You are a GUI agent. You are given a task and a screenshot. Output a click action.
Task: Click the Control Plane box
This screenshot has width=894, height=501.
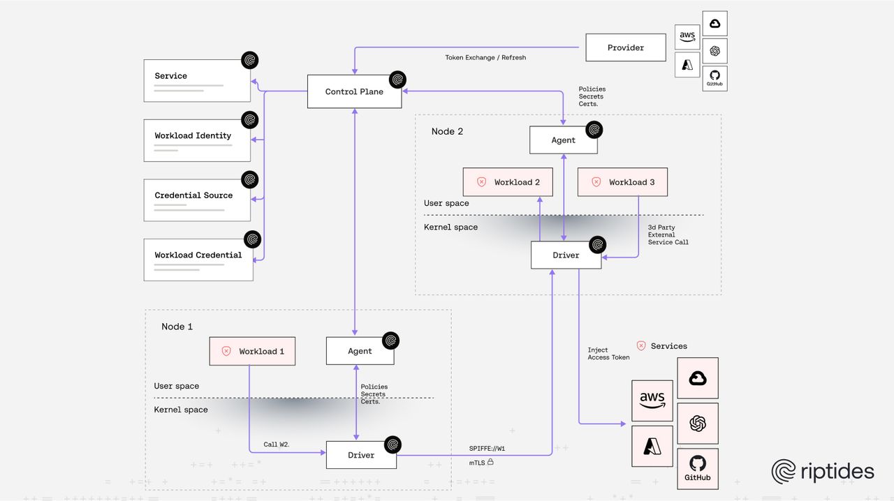(354, 91)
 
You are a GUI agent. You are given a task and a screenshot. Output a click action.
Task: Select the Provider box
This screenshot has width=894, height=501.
(625, 47)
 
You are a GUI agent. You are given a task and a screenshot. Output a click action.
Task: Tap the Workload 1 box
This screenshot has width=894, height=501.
(252, 351)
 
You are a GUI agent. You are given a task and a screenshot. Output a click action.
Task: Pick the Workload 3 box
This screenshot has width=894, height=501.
(622, 182)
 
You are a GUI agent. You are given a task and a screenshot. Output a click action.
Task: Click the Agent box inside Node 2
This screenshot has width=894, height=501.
(563, 140)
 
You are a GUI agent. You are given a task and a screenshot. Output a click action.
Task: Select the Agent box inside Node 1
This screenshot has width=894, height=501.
(360, 351)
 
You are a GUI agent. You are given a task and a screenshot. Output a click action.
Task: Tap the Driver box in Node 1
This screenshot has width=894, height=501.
(361, 455)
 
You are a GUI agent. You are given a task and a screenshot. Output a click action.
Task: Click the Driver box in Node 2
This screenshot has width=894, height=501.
(566, 255)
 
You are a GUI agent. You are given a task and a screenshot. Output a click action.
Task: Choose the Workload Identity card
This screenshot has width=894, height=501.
(197, 140)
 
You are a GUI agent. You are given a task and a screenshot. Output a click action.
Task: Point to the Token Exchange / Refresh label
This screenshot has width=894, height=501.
(485, 57)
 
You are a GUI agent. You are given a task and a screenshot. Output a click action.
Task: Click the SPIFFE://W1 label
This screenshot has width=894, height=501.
(487, 448)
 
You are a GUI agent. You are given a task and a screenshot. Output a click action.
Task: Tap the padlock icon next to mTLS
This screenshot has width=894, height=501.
(490, 462)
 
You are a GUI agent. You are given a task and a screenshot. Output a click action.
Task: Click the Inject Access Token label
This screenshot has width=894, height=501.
(608, 354)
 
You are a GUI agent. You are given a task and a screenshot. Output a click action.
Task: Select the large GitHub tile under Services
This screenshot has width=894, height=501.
(697, 468)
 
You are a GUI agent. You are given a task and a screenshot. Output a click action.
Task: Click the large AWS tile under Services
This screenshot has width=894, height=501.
(652, 401)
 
